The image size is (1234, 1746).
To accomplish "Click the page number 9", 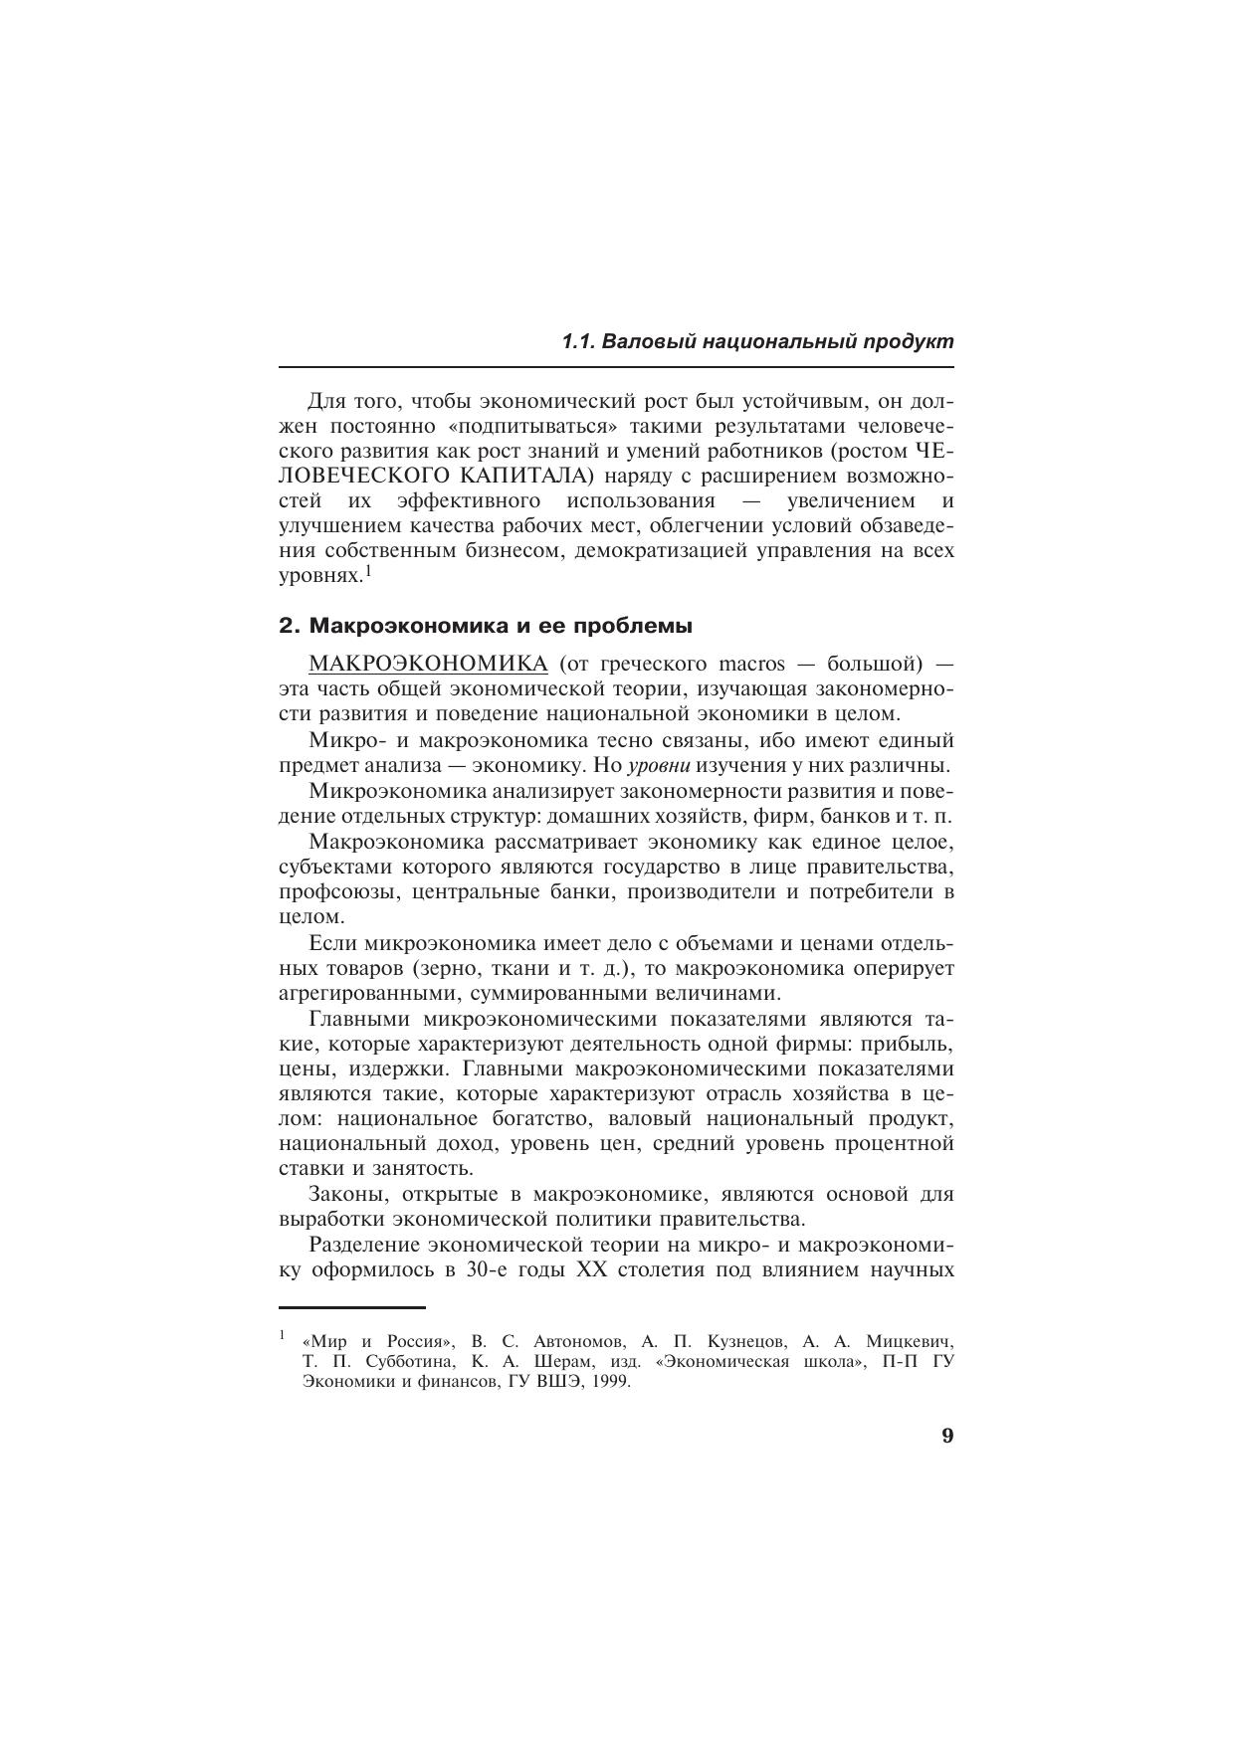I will point(946,1436).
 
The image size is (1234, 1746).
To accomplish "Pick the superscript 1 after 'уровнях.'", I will point(367,571).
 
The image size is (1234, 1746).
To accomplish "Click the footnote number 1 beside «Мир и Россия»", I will point(283,1334).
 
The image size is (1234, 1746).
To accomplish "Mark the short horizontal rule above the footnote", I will point(352,1307).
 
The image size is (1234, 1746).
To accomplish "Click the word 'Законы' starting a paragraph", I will point(348,1194).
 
